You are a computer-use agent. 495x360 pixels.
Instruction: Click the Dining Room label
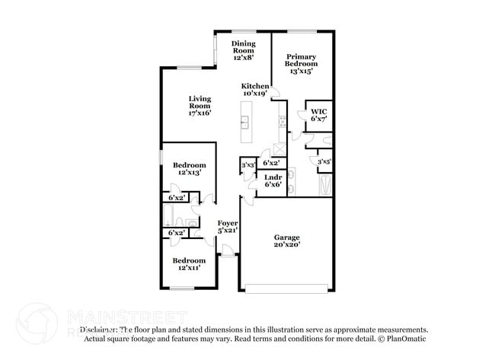pos(243,49)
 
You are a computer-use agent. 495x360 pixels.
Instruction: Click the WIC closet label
pos(318,115)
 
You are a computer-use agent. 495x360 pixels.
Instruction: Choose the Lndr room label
pos(273,180)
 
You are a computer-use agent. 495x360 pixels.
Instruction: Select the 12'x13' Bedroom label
pos(188,169)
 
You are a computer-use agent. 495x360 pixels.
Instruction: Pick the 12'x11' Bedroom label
pos(188,264)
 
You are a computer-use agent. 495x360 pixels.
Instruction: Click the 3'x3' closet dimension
pos(247,164)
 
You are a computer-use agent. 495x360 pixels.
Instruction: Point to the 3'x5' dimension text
pos(324,161)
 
